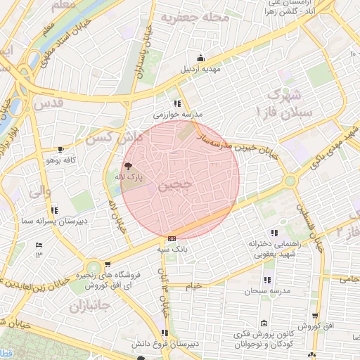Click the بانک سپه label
coord(172,249)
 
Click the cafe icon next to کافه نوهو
coord(61,149)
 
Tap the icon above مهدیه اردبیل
coord(202,58)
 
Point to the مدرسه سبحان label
coord(264,290)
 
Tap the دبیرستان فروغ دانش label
coord(165,344)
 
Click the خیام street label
coord(194,286)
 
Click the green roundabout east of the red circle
coord(290,181)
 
